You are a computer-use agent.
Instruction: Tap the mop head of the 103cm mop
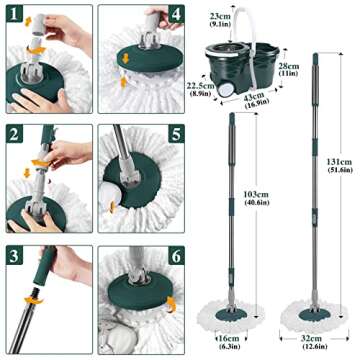point(236,307)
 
